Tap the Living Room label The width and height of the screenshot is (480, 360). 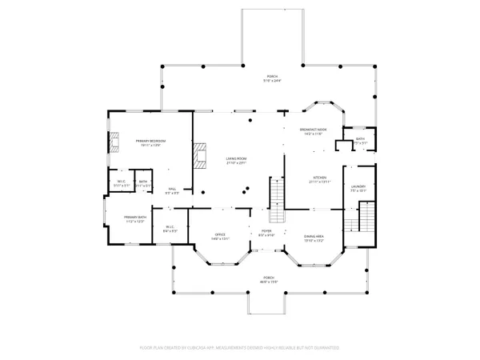[238, 160]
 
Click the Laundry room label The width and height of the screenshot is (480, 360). [358, 189]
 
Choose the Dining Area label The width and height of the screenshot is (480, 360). [314, 237]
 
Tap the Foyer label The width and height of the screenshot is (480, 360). [266, 234]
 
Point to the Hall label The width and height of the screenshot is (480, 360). [171, 190]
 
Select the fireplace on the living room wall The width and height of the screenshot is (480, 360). [199, 155]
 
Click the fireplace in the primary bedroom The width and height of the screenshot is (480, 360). [112, 144]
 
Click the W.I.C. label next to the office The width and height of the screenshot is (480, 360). [170, 229]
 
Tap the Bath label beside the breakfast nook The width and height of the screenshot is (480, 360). [360, 141]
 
